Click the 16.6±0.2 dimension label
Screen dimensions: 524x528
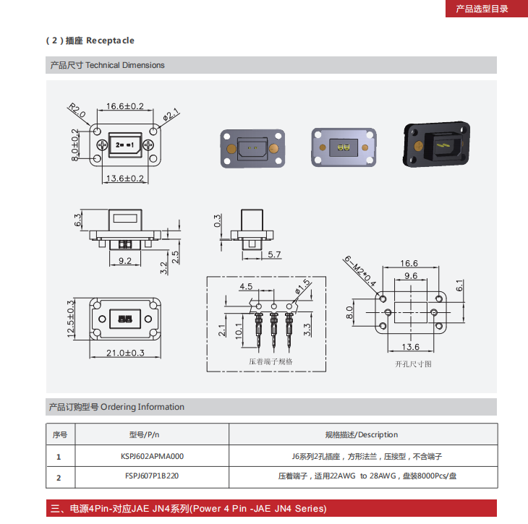(124, 106)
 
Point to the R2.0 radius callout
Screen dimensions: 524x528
(77, 111)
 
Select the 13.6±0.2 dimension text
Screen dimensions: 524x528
(124, 178)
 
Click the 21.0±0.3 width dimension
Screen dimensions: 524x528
(124, 353)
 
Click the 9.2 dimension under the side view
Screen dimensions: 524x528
(124, 260)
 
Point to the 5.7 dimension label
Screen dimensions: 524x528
(274, 254)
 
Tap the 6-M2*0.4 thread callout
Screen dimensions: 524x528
(359, 271)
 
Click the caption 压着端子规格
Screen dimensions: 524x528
(271, 361)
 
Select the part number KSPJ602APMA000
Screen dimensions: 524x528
(153, 456)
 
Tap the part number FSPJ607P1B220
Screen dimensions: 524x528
(152, 477)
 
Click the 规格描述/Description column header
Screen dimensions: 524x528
(362, 434)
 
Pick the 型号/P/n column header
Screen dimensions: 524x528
(144, 434)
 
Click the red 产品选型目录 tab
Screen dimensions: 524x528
(482, 9)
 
